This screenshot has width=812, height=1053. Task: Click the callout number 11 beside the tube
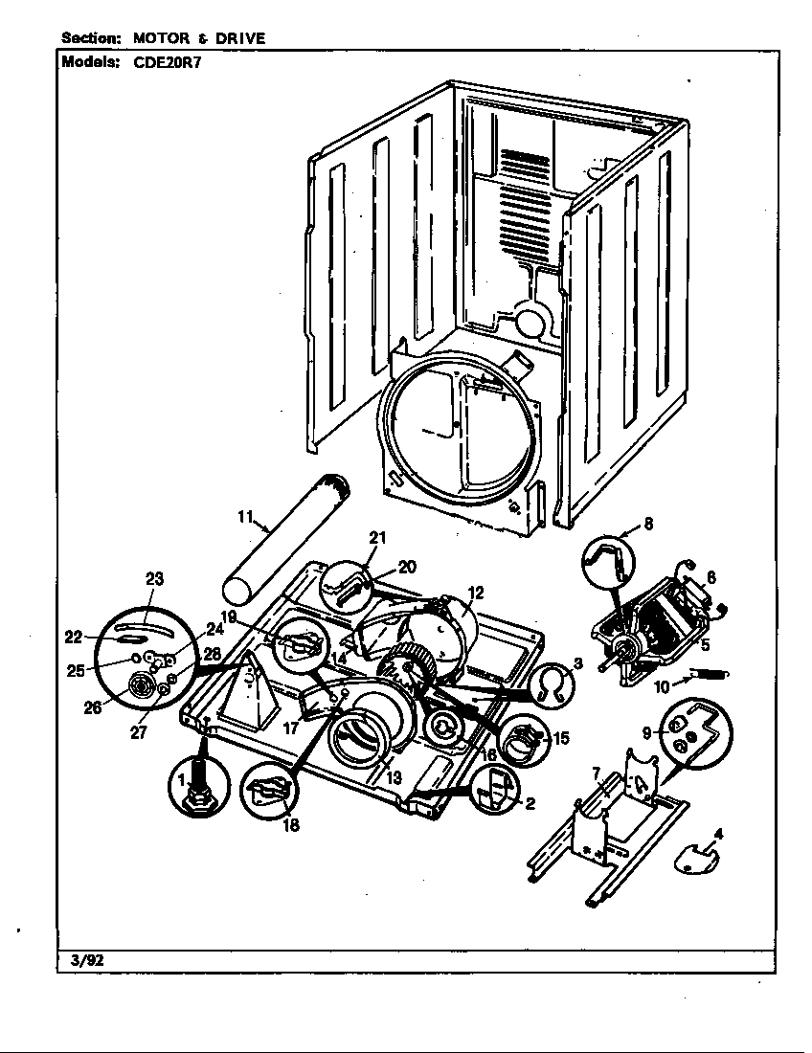(245, 517)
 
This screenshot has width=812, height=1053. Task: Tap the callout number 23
(154, 578)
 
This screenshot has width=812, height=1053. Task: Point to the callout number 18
(290, 826)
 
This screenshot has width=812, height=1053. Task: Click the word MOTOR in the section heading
(163, 38)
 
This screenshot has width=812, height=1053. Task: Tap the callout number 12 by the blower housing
(476, 592)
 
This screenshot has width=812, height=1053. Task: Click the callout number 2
(529, 803)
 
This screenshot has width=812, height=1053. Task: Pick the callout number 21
(377, 537)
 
